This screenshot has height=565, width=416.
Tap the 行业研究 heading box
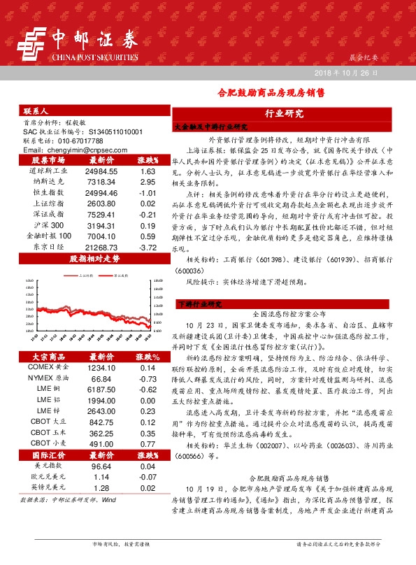pyautogui.click(x=285, y=113)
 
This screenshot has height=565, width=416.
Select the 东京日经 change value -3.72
pyautogui.click(x=147, y=247)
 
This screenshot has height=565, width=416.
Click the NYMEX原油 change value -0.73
pyautogui.click(x=147, y=378)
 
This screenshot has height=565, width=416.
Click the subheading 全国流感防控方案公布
pyautogui.click(x=285, y=315)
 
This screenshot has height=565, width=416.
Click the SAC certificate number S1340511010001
pyautogui.click(x=107, y=131)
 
